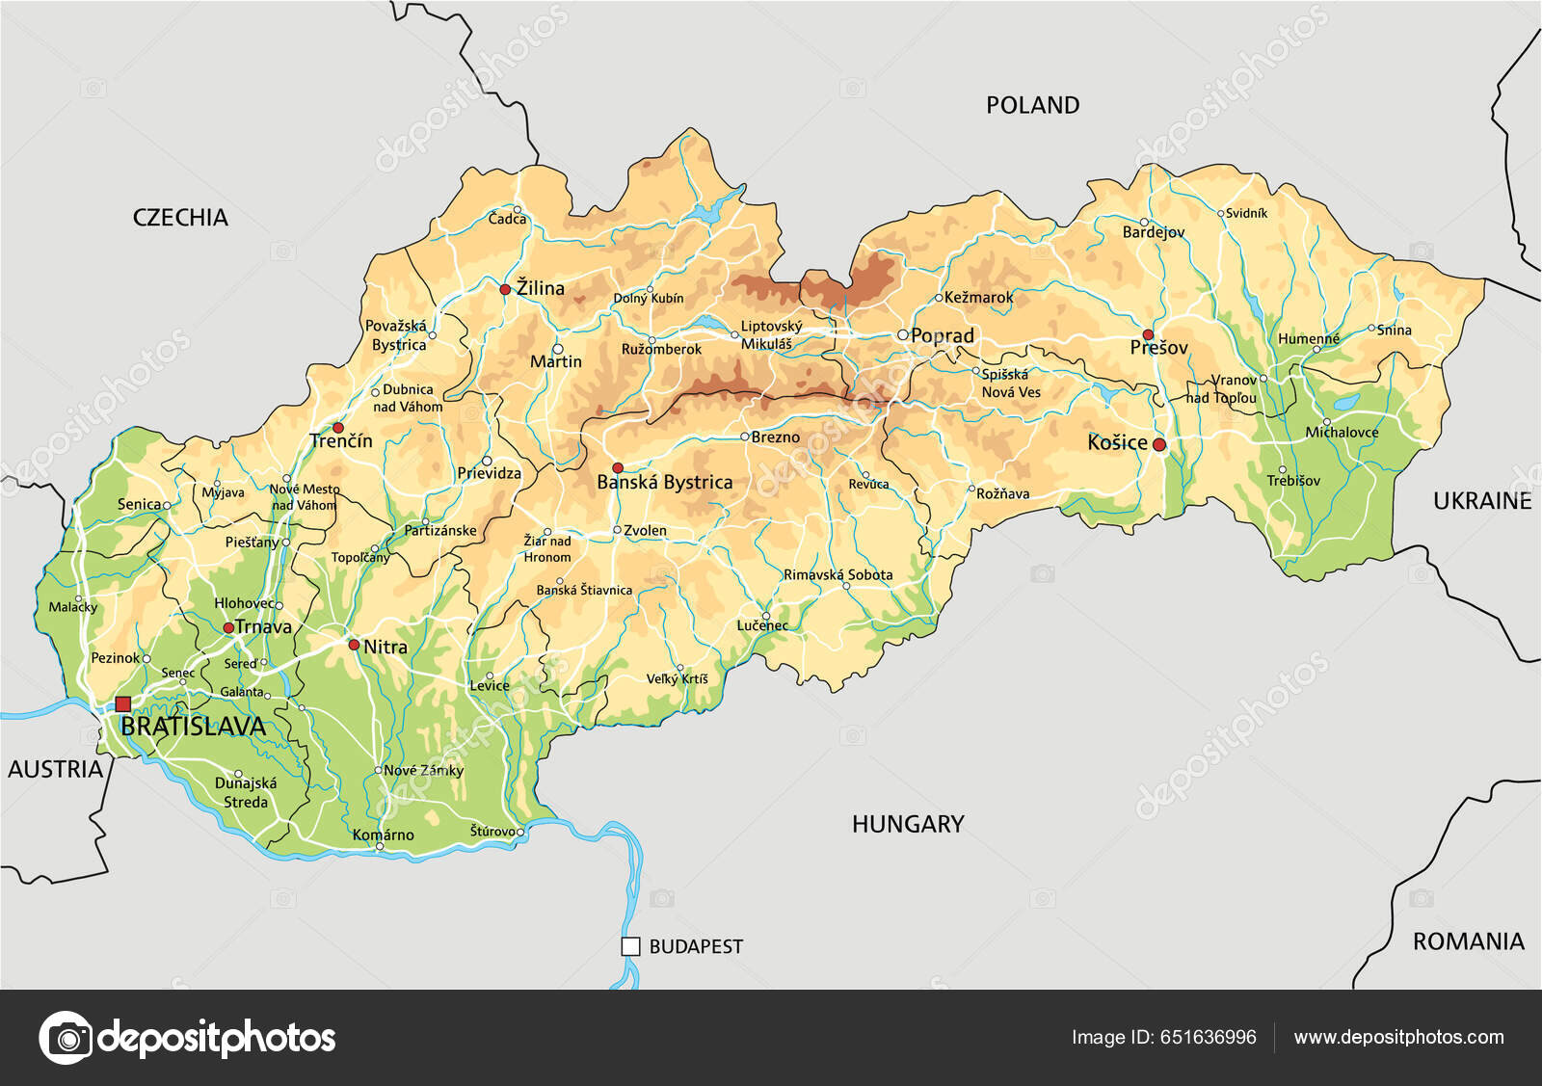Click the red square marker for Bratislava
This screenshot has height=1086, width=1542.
click(x=122, y=704)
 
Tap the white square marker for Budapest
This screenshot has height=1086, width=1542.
click(x=630, y=946)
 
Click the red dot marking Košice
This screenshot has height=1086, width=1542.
click(x=1159, y=444)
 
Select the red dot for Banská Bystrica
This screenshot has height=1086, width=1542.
click(x=618, y=467)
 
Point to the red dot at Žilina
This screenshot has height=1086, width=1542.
click(x=505, y=289)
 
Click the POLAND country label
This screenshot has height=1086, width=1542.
click(x=1032, y=105)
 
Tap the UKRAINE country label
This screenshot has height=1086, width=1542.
click(x=1481, y=501)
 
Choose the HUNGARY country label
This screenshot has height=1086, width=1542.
click(x=907, y=824)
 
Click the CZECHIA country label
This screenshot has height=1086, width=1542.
click(x=180, y=218)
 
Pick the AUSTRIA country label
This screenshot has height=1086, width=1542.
click(x=55, y=769)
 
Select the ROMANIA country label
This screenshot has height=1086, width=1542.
click(x=1468, y=941)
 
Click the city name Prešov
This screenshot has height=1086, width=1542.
click(x=1158, y=348)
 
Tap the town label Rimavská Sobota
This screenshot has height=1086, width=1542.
click(x=837, y=574)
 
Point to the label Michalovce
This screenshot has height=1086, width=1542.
click(x=1342, y=433)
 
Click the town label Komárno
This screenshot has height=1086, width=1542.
click(x=383, y=834)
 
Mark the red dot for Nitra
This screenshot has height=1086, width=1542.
click(x=354, y=645)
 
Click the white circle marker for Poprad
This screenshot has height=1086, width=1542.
click(x=903, y=335)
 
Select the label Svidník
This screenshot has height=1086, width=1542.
click(x=1246, y=213)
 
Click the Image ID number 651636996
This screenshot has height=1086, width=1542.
click(x=1208, y=1037)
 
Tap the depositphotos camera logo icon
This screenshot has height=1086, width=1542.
click(x=66, y=1038)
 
